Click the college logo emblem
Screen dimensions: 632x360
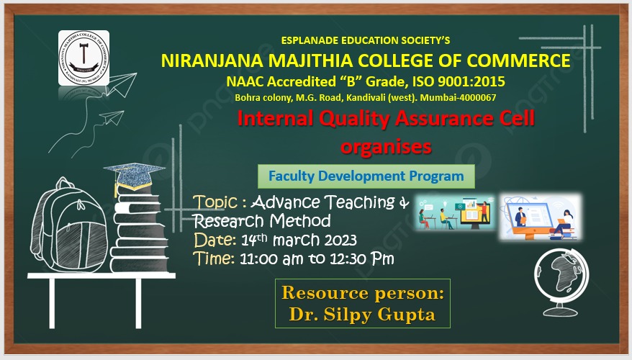pos(83,58)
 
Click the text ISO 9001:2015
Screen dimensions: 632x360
pos(459,81)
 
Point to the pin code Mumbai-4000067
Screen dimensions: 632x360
pos(458,97)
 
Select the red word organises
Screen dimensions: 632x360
pos(386,147)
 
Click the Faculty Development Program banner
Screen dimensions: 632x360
pos(366,176)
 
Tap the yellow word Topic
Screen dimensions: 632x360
pos(215,202)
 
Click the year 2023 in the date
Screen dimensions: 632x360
pos(340,240)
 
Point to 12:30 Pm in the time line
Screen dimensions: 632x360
pos(361,258)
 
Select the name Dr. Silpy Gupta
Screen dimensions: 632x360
pos(362,315)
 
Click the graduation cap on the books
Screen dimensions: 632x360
pos(134,176)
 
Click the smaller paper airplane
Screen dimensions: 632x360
pos(112,117)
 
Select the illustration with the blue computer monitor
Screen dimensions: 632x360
pos(540,217)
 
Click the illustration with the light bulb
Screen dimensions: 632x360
pos(455,213)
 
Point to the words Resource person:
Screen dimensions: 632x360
pos(362,293)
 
